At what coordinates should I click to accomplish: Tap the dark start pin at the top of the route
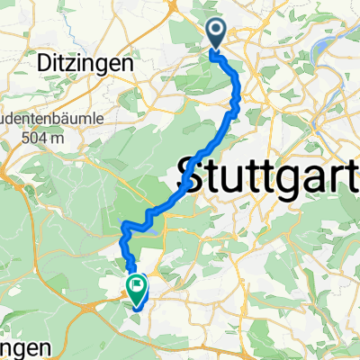[219, 34]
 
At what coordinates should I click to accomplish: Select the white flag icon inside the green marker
[136, 289]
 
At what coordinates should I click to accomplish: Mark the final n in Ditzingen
[127, 65]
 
